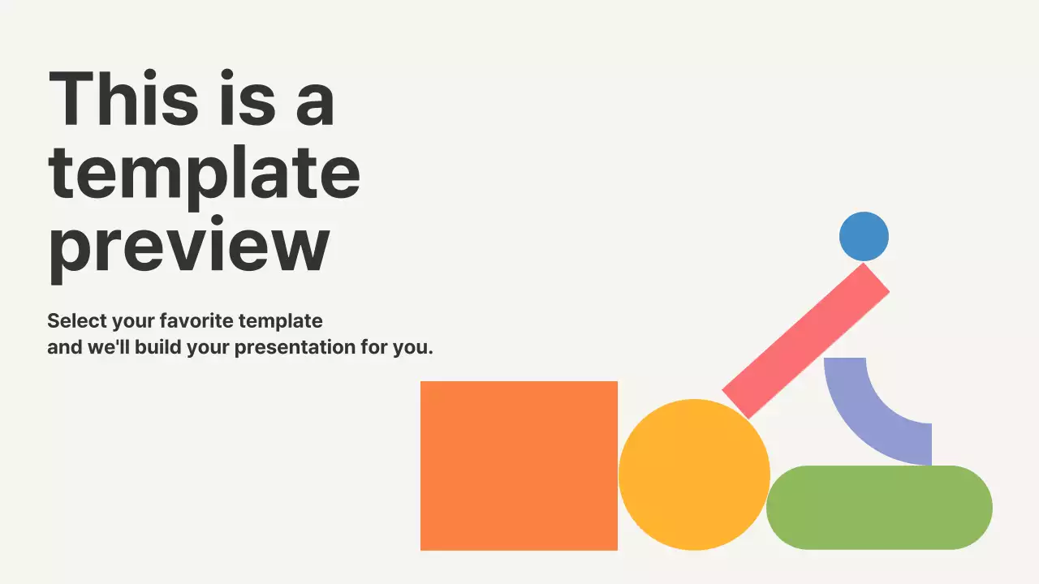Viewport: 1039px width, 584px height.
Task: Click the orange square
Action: coord(519,466)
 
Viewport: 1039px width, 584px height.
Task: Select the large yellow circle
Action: coord(694,474)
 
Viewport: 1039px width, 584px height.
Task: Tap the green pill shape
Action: coord(879,507)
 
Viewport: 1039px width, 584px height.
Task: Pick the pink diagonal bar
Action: coord(805,341)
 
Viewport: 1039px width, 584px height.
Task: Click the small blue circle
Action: coord(864,237)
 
